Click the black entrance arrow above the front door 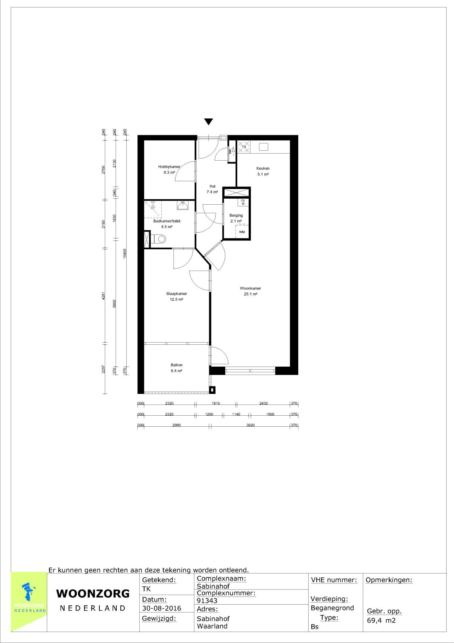[x=209, y=122]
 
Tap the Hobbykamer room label [x=169, y=167]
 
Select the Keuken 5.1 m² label [x=263, y=171]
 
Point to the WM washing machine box [x=242, y=232]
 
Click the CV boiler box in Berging [x=243, y=202]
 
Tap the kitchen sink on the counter [x=263, y=147]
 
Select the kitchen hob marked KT [x=244, y=147]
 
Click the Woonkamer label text [x=250, y=288]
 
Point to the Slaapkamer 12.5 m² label [x=177, y=296]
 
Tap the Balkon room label [x=177, y=365]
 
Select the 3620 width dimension [x=250, y=425]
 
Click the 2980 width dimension [x=177, y=425]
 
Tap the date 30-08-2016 [x=161, y=608]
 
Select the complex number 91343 [x=207, y=601]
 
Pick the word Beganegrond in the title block [x=332, y=608]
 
